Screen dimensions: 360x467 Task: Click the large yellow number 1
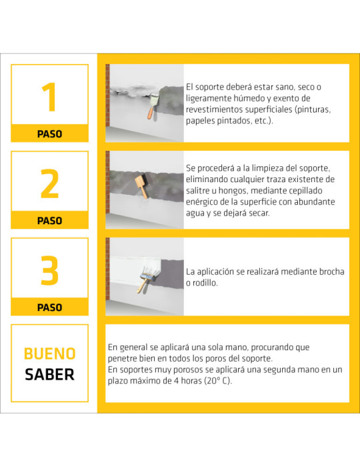[49, 97]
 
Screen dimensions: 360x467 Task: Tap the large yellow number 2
[50, 183]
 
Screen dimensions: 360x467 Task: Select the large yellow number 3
[50, 270]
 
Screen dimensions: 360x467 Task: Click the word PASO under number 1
[50, 134]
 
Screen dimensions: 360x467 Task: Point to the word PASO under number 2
[50, 221]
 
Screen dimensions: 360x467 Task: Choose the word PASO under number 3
[50, 308]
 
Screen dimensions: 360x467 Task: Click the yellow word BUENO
[50, 354]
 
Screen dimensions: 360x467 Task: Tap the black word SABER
[50, 374]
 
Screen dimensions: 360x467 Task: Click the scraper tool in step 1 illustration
[153, 105]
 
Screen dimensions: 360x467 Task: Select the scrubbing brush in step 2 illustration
[141, 186]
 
